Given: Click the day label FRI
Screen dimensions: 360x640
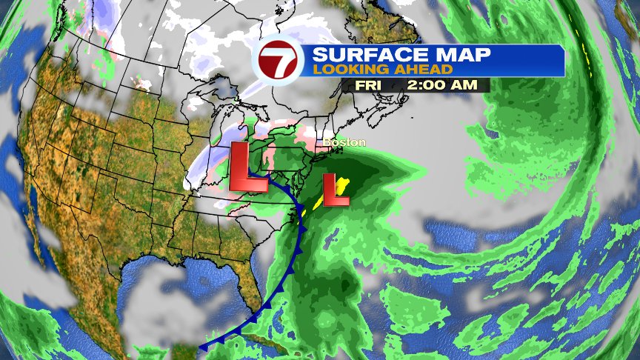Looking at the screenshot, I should (x=368, y=84).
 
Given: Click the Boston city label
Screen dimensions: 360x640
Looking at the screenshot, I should (x=340, y=141).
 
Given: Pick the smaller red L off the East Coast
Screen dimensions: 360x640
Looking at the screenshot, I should (x=337, y=190).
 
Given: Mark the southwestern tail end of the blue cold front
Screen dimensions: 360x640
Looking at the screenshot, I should (x=202, y=346).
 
